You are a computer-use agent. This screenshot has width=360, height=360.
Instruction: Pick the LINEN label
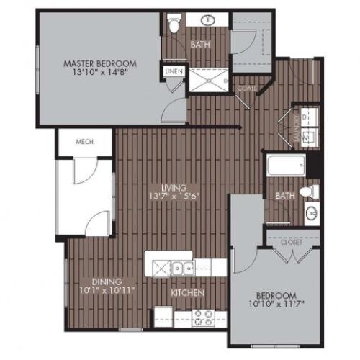173,73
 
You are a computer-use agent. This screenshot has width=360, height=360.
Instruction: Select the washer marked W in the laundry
306,135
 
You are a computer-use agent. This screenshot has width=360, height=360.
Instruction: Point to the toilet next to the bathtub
310,192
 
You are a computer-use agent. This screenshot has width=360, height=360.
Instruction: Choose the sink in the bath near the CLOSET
312,214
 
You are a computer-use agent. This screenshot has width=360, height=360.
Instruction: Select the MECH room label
86,142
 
